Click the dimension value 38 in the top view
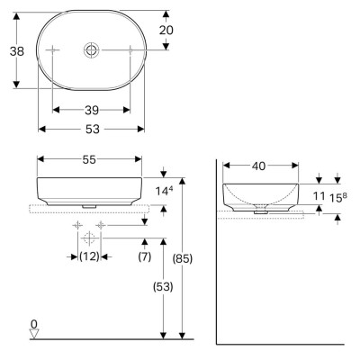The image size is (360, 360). pyautogui.click(x=16, y=51)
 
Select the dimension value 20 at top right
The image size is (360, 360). pyautogui.click(x=166, y=31)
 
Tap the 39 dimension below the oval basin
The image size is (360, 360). pyautogui.click(x=92, y=110)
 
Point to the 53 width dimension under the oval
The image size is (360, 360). pyautogui.click(x=92, y=128)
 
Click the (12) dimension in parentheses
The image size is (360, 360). pyautogui.click(x=88, y=256)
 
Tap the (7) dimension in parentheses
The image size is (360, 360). pyautogui.click(x=145, y=256)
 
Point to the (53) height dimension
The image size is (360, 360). pyautogui.click(x=162, y=288)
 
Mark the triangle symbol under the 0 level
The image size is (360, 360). pyautogui.click(x=34, y=333)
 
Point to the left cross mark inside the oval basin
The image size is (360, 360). pyautogui.click(x=54, y=50)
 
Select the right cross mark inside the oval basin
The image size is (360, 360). pyautogui.click(x=130, y=50)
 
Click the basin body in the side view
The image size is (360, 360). pyautogui.click(x=260, y=193)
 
